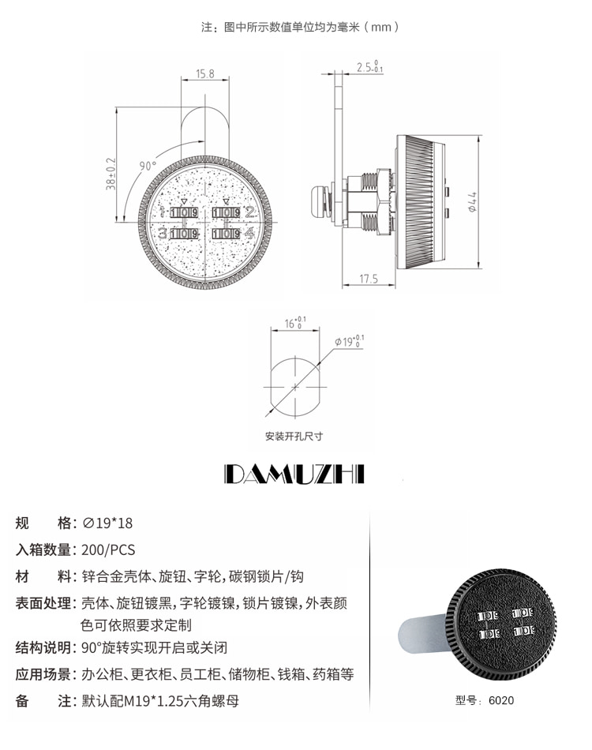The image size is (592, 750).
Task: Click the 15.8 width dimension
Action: pos(204,73)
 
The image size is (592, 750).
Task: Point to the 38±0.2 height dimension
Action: pos(111,174)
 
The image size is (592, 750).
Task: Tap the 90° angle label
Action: pos(148,166)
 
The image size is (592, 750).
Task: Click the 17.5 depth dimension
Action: pos(369,279)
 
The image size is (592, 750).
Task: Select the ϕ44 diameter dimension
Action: pos(472,202)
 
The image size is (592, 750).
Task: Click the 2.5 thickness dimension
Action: pos(369,66)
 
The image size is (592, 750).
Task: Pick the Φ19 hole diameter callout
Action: pos(349,341)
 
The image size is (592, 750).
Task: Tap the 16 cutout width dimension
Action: pos(295,323)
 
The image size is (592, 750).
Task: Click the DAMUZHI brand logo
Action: pos(294,474)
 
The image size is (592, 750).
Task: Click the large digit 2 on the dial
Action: pos(249,212)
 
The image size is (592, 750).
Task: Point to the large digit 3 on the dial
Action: pos(163,233)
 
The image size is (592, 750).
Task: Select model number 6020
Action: pos(501,700)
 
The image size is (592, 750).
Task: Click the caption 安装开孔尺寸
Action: pos(294,437)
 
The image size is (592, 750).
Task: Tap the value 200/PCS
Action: pos(109,549)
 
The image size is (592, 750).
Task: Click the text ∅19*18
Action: pos(107,523)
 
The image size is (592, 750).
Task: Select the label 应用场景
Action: pos(43,674)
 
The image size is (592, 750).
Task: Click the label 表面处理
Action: pos(43,602)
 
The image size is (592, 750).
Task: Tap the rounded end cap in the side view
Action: pos(319,200)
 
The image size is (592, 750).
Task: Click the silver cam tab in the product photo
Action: pos(423,636)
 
